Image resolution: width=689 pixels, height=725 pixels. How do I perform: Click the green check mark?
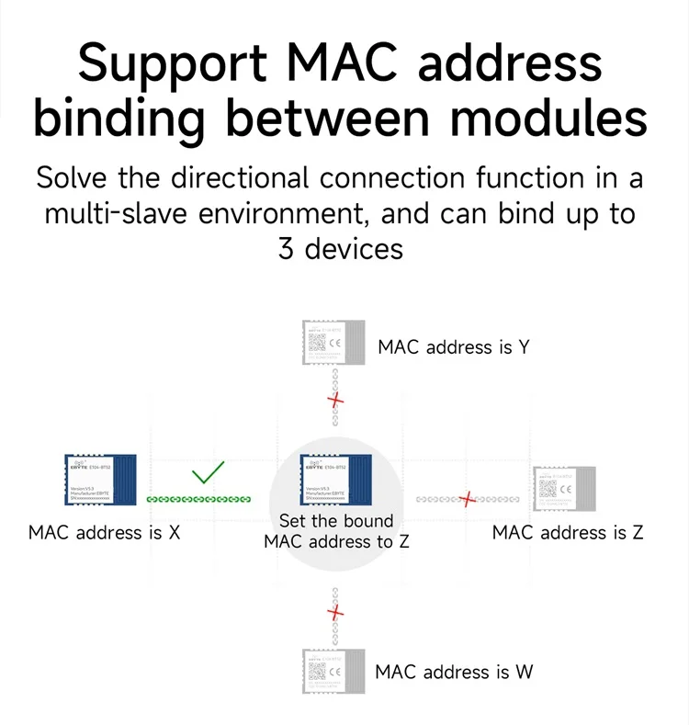(209, 472)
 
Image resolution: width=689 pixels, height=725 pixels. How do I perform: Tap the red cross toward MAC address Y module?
(336, 401)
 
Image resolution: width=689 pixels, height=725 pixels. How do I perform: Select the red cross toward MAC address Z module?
(469, 499)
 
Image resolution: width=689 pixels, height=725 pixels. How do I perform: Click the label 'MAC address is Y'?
(453, 347)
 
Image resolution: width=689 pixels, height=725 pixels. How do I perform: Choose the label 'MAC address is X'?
(104, 532)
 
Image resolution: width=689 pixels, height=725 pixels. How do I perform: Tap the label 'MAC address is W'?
(454, 672)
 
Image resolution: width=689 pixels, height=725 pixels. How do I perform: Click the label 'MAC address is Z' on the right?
(568, 532)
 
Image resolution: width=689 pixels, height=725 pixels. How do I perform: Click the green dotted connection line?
(199, 499)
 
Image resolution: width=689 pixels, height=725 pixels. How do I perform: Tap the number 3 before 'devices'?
(287, 248)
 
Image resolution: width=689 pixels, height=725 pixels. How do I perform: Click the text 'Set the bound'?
(335, 521)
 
